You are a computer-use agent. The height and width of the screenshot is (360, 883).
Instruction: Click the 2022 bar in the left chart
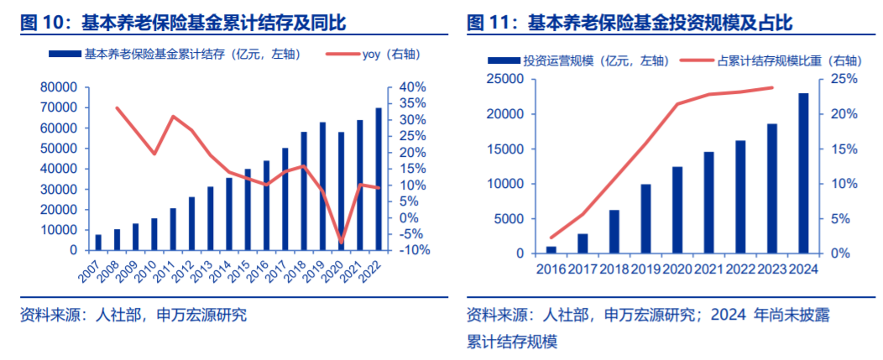(379, 180)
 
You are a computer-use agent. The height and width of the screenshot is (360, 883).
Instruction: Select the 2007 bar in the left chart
(98, 243)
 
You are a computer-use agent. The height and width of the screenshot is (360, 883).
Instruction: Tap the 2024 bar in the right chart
(803, 173)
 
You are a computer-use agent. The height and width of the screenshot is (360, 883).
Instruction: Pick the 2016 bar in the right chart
(551, 249)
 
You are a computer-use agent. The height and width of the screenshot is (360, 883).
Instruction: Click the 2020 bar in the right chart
(677, 210)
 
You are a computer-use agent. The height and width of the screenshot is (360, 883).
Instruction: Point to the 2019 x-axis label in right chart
(645, 269)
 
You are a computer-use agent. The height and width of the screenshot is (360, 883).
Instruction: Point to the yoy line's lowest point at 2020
(341, 243)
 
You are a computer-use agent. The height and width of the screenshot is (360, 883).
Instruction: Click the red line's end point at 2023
(772, 87)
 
